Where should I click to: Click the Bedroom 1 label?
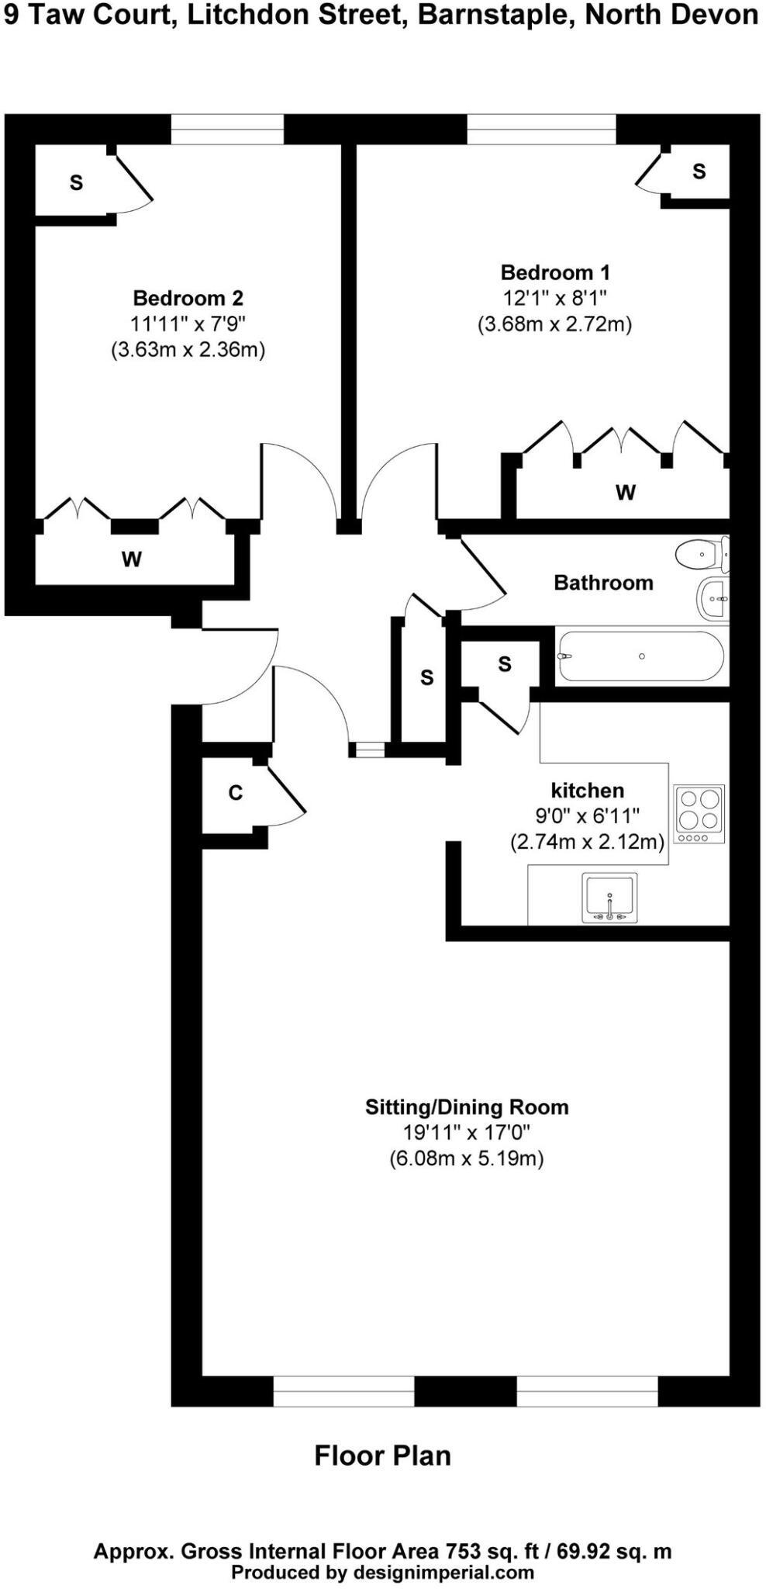tap(555, 273)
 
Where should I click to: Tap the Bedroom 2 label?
tap(188, 298)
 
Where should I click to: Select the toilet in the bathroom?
tap(701, 554)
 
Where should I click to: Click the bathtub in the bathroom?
tap(640, 656)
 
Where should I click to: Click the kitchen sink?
tap(609, 898)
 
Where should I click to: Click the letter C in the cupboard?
tap(236, 793)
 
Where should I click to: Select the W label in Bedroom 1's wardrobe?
tap(626, 492)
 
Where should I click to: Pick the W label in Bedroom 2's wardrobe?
tap(132, 559)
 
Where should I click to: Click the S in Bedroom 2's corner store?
tap(76, 183)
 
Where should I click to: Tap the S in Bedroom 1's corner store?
tap(699, 171)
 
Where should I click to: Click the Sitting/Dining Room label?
tap(467, 1107)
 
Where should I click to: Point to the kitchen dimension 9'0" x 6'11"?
tap(587, 816)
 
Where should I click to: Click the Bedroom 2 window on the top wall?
tap(227, 130)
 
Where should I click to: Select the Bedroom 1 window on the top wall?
tap(541, 130)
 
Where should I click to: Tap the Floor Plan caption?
tap(382, 1456)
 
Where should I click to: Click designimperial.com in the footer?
tap(443, 1573)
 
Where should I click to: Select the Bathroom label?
tap(603, 583)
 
